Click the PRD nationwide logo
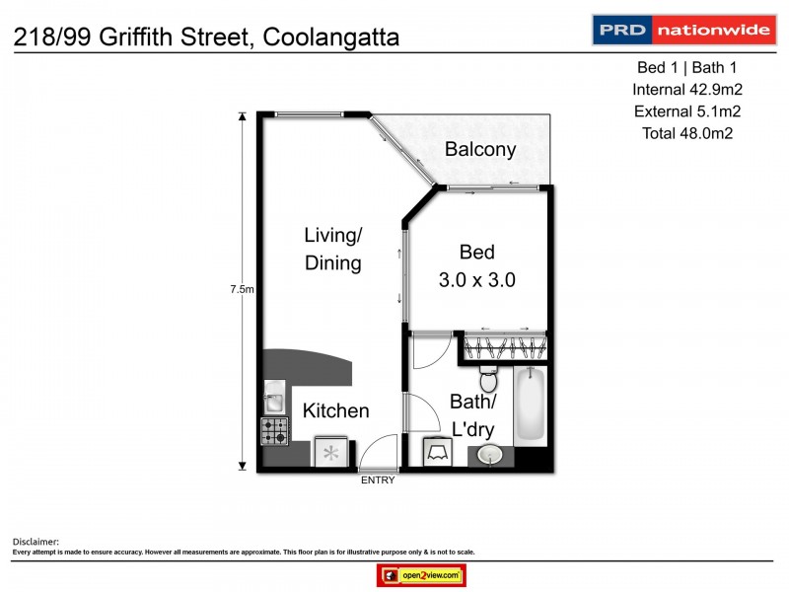click(681, 30)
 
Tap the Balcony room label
click(480, 150)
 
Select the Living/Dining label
click(332, 249)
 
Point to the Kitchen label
click(335, 410)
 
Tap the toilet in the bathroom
click(486, 378)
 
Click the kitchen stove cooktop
click(274, 430)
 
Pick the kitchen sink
click(272, 400)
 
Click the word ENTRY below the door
click(378, 481)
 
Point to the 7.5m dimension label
click(243, 289)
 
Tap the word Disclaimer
click(36, 542)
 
